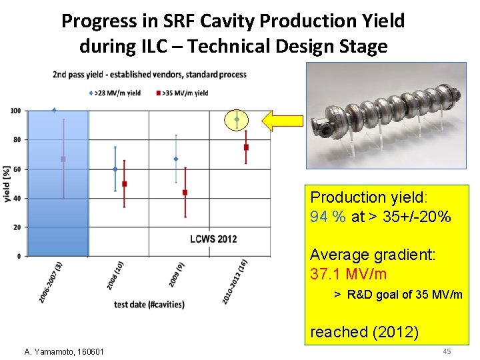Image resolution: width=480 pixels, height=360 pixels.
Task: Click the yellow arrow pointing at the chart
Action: click(x=280, y=121)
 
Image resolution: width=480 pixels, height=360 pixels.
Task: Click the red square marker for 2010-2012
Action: click(x=246, y=147)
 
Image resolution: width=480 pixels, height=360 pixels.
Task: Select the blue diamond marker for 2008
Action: click(x=115, y=169)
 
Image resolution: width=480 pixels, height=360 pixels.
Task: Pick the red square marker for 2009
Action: click(x=185, y=193)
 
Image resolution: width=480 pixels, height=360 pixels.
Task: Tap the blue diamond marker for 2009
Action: click(x=175, y=159)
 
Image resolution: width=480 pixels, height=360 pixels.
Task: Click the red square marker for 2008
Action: click(x=124, y=183)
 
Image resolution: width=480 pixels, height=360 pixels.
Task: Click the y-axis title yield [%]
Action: click(x=6, y=184)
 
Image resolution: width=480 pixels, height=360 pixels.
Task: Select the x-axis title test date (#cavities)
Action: click(x=149, y=304)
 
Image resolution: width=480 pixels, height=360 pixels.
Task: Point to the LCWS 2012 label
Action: click(x=213, y=239)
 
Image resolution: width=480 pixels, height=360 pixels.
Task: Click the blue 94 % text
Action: click(x=327, y=217)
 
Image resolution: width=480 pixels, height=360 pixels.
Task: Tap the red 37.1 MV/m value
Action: click(x=348, y=274)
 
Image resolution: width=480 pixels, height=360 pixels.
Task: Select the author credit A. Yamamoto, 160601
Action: click(x=63, y=351)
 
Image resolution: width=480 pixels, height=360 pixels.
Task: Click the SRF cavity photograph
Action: click(x=387, y=115)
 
